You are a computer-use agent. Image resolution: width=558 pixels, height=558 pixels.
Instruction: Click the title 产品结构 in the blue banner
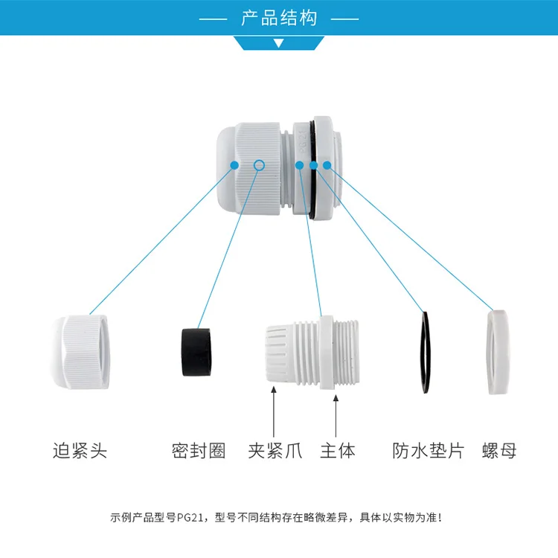[279, 17]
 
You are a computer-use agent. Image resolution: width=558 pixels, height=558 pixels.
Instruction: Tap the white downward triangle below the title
[279, 43]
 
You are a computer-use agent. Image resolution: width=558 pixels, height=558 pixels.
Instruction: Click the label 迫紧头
[80, 450]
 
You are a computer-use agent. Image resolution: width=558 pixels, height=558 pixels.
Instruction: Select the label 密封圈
[198, 450]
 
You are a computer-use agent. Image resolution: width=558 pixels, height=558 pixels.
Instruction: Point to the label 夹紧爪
[275, 450]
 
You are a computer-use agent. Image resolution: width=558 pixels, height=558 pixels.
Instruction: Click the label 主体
[338, 450]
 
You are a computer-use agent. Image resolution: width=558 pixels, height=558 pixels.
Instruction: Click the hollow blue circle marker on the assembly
[259, 164]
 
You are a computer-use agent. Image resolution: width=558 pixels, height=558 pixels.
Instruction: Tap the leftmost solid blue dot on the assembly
[234, 164]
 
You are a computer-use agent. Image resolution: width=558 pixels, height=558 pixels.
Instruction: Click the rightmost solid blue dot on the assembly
[327, 164]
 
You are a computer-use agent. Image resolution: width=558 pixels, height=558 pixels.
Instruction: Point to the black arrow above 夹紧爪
[275, 413]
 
